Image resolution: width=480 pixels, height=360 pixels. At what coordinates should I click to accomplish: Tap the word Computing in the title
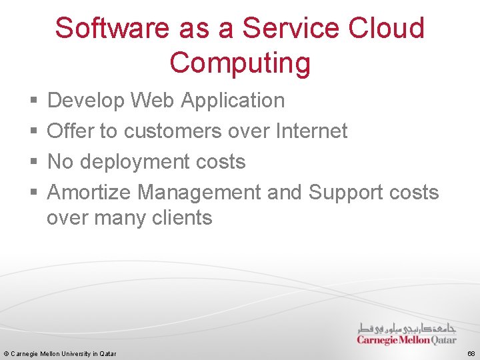240,63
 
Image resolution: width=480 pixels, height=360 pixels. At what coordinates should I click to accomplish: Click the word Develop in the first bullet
86,101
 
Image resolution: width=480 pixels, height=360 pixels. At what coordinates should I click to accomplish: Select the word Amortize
89,193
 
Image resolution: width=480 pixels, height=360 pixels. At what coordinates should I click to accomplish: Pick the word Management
199,193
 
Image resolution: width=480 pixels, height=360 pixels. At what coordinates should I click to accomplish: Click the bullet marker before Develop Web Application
34,101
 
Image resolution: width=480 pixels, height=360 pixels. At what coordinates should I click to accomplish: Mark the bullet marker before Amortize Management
34,193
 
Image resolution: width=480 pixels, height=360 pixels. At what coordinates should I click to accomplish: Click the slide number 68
471,353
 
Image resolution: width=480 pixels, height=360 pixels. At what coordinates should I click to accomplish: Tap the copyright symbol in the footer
6,353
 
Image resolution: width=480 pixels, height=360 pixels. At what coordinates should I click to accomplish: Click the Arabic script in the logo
407,328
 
